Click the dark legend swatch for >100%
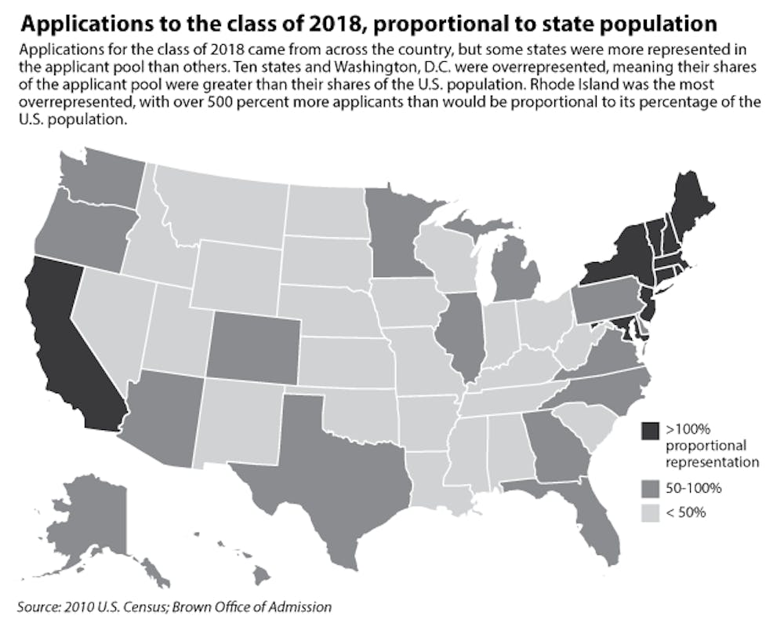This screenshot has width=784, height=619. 650,431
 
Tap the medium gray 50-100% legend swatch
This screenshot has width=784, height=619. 650,488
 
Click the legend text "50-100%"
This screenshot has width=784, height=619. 693,488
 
